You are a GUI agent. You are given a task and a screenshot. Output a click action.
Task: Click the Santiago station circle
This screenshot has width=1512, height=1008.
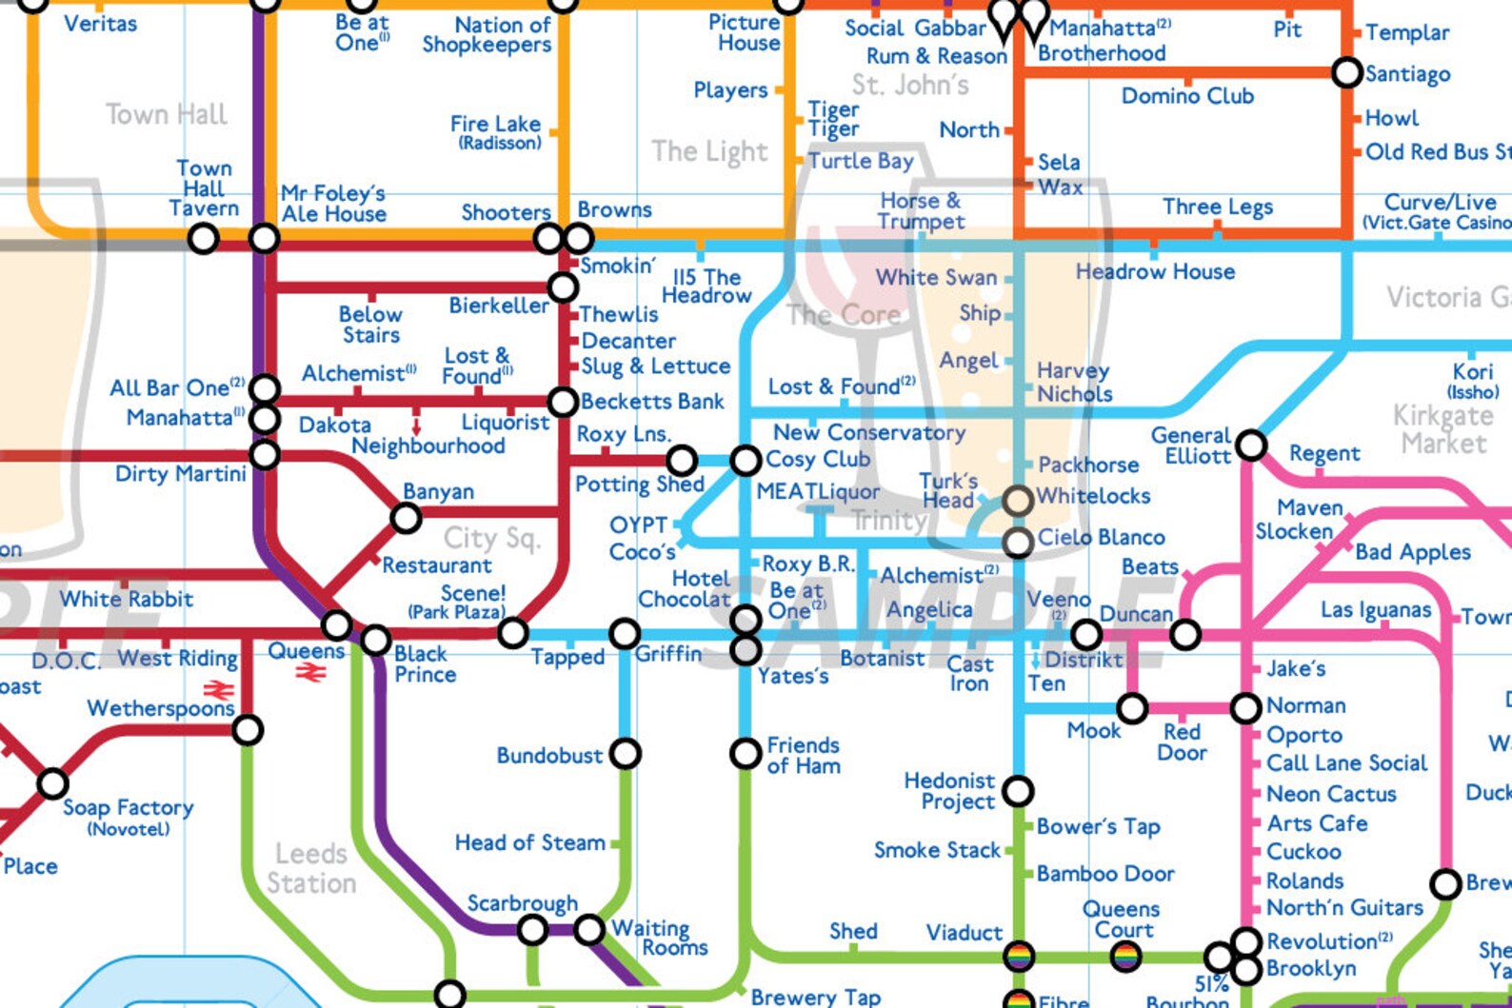pos(1346,72)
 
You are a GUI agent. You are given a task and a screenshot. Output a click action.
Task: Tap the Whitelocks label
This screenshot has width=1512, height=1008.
pos(1093,496)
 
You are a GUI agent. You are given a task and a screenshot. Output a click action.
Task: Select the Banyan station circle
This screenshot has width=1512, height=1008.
pos(407,519)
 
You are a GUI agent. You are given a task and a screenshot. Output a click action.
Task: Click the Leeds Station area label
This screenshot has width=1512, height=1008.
pos(311,868)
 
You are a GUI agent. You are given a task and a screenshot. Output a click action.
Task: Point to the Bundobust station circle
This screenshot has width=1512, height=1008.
pos(626,754)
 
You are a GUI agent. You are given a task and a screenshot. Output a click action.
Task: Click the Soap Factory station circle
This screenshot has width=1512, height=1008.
pos(52,784)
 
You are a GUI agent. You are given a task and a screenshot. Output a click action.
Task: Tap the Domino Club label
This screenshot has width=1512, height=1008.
pos(1187,96)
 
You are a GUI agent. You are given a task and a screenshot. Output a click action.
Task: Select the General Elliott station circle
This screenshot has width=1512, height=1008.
pos(1251,445)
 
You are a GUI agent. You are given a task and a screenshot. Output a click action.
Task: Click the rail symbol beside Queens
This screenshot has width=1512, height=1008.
pos(310,673)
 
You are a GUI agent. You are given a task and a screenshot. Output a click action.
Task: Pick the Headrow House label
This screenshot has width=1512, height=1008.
pos(1155,272)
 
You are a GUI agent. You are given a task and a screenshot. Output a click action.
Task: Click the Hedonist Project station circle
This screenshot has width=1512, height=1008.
pos(1018,790)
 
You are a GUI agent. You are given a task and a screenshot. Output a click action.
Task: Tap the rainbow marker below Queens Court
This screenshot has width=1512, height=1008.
pos(1125,956)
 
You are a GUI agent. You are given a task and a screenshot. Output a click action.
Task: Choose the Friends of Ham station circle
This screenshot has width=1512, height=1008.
pos(746,754)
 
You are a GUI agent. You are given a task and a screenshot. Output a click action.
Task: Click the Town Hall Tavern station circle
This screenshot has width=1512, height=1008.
pos(203,238)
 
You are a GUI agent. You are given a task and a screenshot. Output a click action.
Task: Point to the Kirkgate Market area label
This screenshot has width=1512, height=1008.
pos(1442,429)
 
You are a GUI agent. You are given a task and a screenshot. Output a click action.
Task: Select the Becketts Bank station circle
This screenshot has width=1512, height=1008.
pos(563,402)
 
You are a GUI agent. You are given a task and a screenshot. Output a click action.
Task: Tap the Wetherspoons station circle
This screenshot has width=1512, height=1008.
pos(248,730)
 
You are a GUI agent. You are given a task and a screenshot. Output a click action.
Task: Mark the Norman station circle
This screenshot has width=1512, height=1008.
pos(1246,707)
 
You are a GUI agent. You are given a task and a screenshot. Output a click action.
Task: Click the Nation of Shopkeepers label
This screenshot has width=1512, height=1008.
pos(487,35)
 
